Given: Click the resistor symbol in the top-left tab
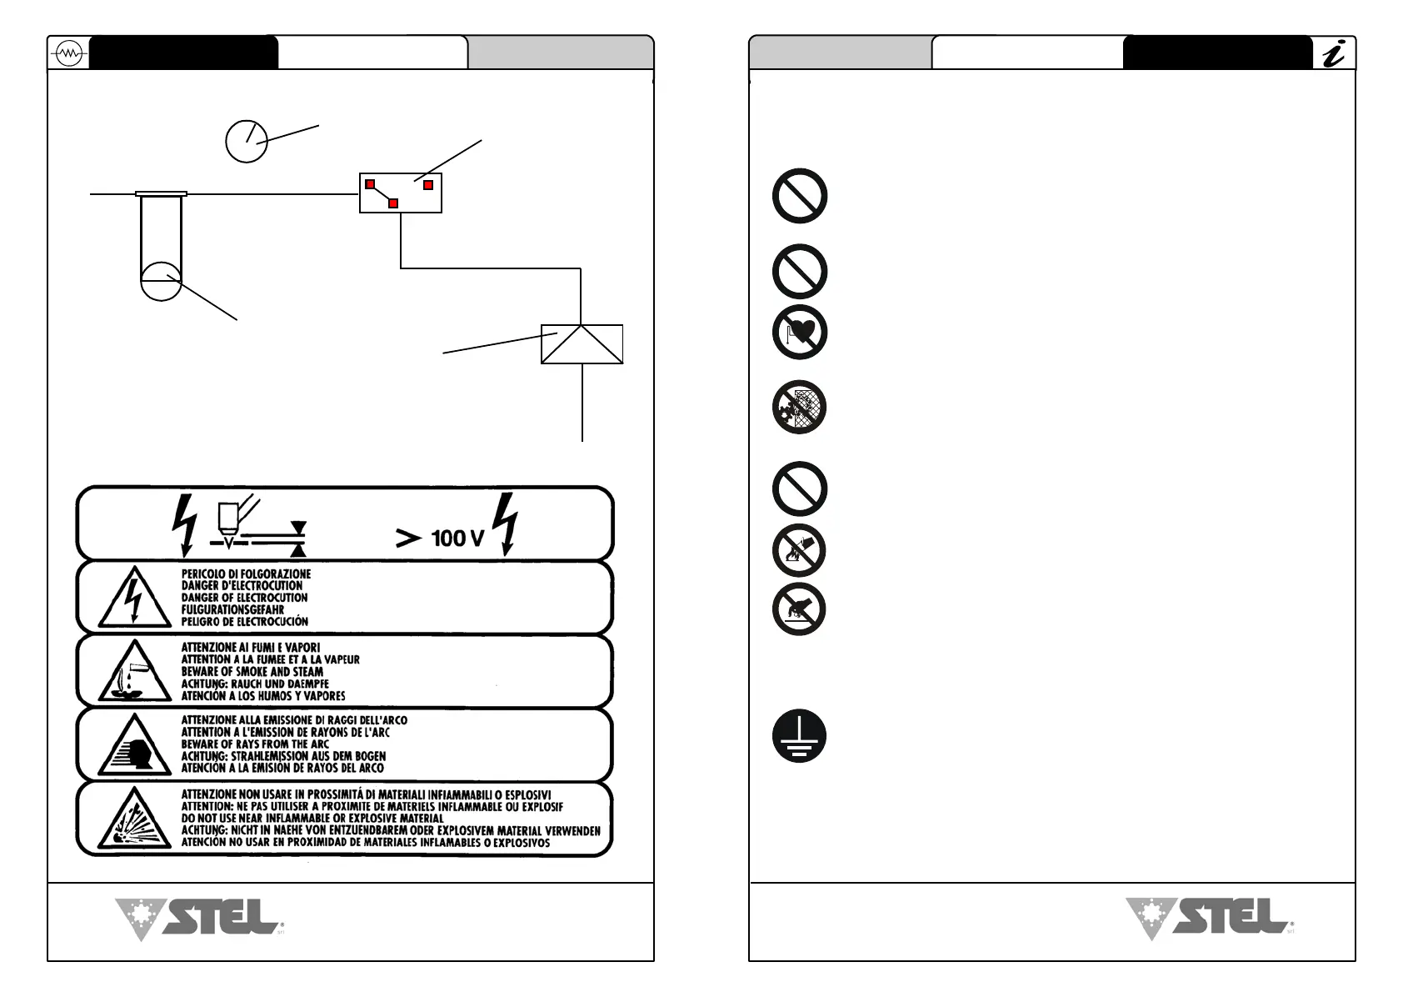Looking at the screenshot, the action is coord(67,54).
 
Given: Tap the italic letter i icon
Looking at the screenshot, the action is coord(1334,54).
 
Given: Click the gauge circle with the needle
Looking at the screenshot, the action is coord(247,141).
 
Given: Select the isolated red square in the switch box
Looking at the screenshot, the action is coord(428,184).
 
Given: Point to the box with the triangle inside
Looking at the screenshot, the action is coord(582,343).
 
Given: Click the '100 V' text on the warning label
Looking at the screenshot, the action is coord(457,538).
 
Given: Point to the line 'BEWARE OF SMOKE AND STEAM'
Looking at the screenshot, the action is coord(252,671).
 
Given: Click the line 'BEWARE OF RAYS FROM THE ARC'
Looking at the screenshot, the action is coord(255,744).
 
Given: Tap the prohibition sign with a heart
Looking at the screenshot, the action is coord(800,332).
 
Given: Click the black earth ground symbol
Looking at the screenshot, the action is coord(800,737).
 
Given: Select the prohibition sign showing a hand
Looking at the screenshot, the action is coord(800,609).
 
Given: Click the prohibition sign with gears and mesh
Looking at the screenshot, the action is coord(800,407).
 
